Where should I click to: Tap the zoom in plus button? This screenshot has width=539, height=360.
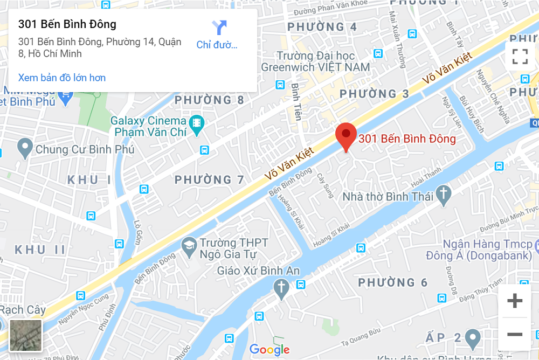click(515, 301)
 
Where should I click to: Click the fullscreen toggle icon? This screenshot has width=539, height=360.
click(520, 56)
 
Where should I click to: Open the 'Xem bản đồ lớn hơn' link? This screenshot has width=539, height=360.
click(62, 78)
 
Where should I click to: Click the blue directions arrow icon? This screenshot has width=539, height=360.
click(219, 27)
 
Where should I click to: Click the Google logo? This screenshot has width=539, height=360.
click(269, 349)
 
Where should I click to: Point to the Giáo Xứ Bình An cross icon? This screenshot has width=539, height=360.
click(281, 289)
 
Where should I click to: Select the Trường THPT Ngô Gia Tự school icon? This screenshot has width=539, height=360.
click(189, 247)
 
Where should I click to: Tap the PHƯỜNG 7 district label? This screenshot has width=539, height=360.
click(210, 179)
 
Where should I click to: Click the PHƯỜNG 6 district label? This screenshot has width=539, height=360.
click(393, 282)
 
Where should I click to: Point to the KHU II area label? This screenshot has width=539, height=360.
click(40, 250)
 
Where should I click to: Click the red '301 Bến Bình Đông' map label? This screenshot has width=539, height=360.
click(407, 139)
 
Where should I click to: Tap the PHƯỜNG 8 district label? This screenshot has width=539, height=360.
click(209, 100)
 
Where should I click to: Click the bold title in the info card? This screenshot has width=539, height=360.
click(67, 24)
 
